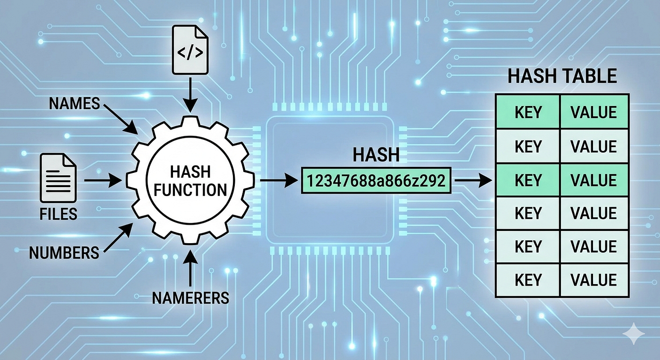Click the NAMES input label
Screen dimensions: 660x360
[x=74, y=103]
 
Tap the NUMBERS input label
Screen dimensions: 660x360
[x=64, y=253]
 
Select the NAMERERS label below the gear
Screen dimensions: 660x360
[x=190, y=298]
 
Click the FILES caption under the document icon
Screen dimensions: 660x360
[x=58, y=214]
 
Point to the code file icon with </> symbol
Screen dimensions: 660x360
[x=190, y=50]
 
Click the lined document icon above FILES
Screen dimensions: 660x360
[x=58, y=178]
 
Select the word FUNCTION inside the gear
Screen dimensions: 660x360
[x=190, y=190]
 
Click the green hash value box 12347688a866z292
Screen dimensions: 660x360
[x=376, y=180]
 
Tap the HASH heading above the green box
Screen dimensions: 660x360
[x=376, y=155]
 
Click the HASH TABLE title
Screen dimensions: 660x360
[x=562, y=76]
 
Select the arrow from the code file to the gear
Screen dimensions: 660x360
[x=190, y=95]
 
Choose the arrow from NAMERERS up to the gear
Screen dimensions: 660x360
[x=190, y=268]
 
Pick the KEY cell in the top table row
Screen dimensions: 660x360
[x=528, y=112]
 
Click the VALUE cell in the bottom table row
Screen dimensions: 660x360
[x=594, y=280]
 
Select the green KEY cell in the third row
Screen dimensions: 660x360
[x=528, y=180]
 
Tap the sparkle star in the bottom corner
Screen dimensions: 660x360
[x=634, y=334]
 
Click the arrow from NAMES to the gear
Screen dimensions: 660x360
[x=121, y=119]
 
